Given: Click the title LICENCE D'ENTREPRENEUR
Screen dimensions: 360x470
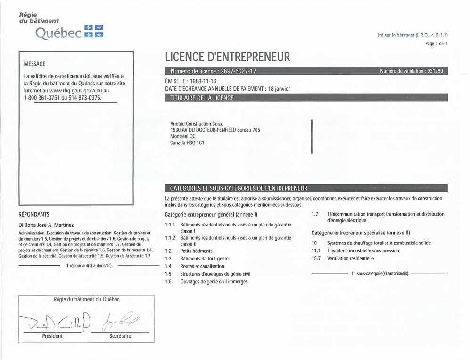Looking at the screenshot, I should click(227, 57).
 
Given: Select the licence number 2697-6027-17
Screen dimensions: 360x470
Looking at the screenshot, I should click(238, 71).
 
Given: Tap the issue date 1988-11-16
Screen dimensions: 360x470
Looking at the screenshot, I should click(200, 81).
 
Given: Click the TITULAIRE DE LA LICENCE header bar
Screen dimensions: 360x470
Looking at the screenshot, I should click(306, 98).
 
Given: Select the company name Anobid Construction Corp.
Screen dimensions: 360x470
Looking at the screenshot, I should click(196, 124).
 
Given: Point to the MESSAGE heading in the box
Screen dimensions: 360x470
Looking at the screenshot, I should click(34, 64).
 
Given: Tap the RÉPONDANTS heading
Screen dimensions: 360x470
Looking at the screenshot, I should click(33, 215).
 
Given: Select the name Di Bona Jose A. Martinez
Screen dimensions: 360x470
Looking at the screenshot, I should click(46, 225).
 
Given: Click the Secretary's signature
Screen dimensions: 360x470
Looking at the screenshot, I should click(120, 322).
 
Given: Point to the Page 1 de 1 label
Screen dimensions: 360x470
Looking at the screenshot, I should click(436, 43).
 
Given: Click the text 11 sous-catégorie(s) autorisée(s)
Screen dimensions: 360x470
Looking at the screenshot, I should click(380, 273).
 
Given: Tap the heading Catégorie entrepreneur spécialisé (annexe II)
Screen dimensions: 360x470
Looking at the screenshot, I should click(361, 233).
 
